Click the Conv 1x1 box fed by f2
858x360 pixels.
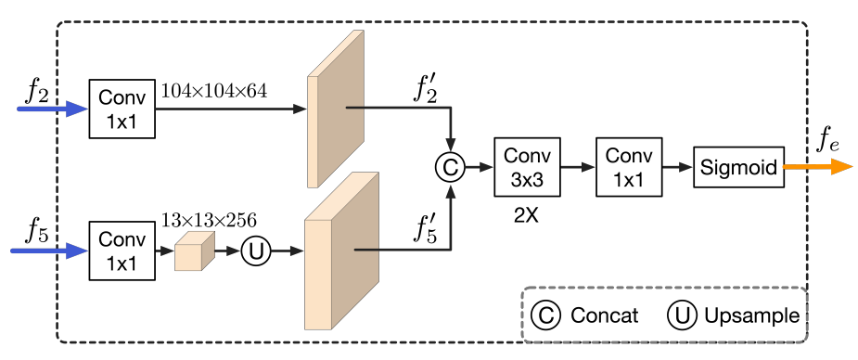(122, 109)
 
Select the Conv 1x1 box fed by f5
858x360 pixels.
(122, 251)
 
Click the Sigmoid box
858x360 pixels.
(737, 168)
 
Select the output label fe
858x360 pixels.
(828, 144)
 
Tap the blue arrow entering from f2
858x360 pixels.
(52, 109)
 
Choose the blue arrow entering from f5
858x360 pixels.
(52, 251)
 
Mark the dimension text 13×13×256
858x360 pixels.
(209, 220)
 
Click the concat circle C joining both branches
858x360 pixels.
(450, 168)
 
